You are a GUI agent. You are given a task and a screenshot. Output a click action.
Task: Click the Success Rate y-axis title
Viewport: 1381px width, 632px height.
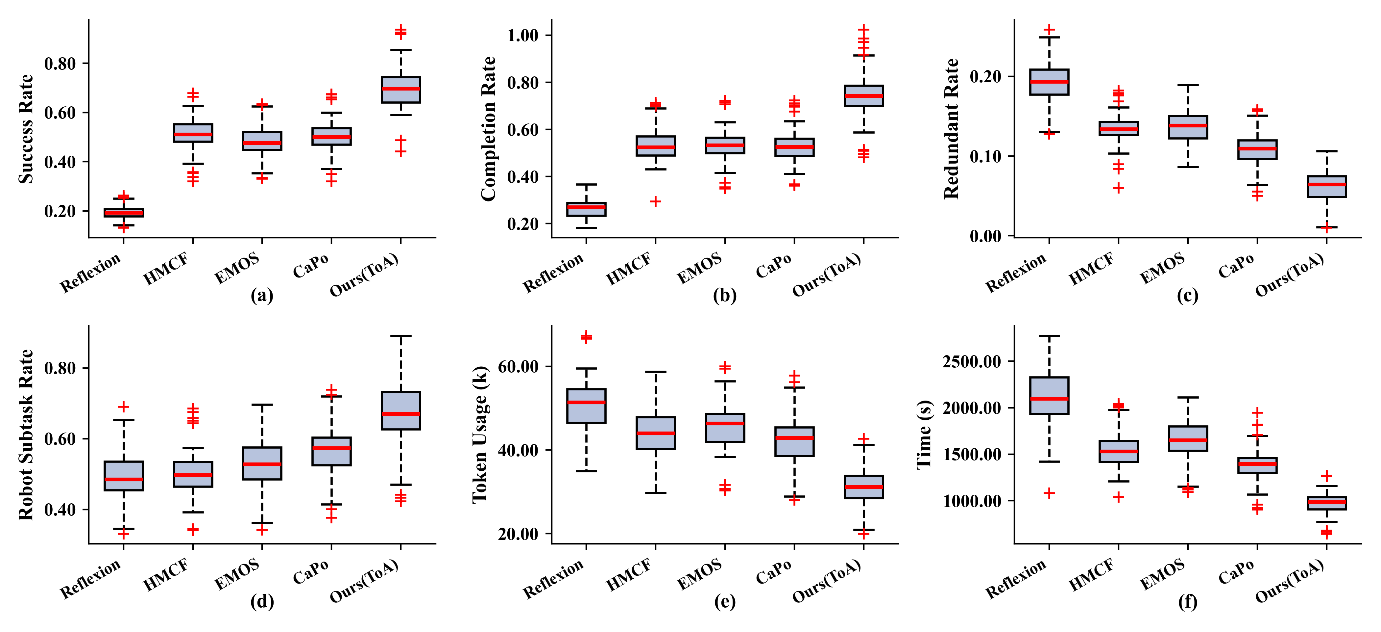click(x=25, y=129)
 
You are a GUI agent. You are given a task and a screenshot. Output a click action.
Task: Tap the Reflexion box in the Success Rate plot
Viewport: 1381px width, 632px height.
click(x=123, y=212)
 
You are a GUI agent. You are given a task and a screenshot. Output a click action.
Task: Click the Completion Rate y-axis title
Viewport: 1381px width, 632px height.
click(x=488, y=129)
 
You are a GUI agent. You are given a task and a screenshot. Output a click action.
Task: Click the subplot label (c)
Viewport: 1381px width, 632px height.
click(x=1187, y=296)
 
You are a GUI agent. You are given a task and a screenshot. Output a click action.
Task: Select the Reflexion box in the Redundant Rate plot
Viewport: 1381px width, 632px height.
click(x=1049, y=82)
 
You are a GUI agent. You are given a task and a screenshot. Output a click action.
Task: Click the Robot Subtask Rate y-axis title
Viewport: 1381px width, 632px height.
click(x=25, y=434)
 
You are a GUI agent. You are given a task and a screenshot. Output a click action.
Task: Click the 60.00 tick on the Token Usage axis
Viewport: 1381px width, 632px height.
click(x=518, y=367)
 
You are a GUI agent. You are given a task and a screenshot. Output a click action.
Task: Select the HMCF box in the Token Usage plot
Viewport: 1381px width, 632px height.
click(x=655, y=433)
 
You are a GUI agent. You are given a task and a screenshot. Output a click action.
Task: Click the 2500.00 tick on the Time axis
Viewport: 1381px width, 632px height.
click(x=971, y=362)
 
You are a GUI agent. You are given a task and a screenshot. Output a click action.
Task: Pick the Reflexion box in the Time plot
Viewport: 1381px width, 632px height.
click(x=1049, y=395)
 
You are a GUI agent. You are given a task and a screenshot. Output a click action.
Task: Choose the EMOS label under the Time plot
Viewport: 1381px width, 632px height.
click(x=1162, y=574)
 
